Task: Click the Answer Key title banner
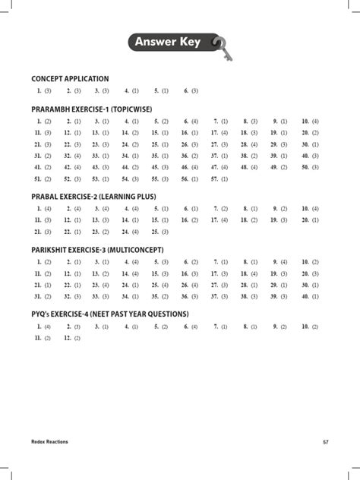[169, 42]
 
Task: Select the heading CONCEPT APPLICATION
[70, 79]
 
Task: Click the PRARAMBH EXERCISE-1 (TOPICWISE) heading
[96, 109]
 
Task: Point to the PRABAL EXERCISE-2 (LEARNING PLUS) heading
[93, 197]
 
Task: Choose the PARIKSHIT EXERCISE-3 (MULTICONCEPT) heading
[97, 250]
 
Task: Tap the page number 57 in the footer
[325, 441]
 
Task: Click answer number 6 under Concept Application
[191, 91]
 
